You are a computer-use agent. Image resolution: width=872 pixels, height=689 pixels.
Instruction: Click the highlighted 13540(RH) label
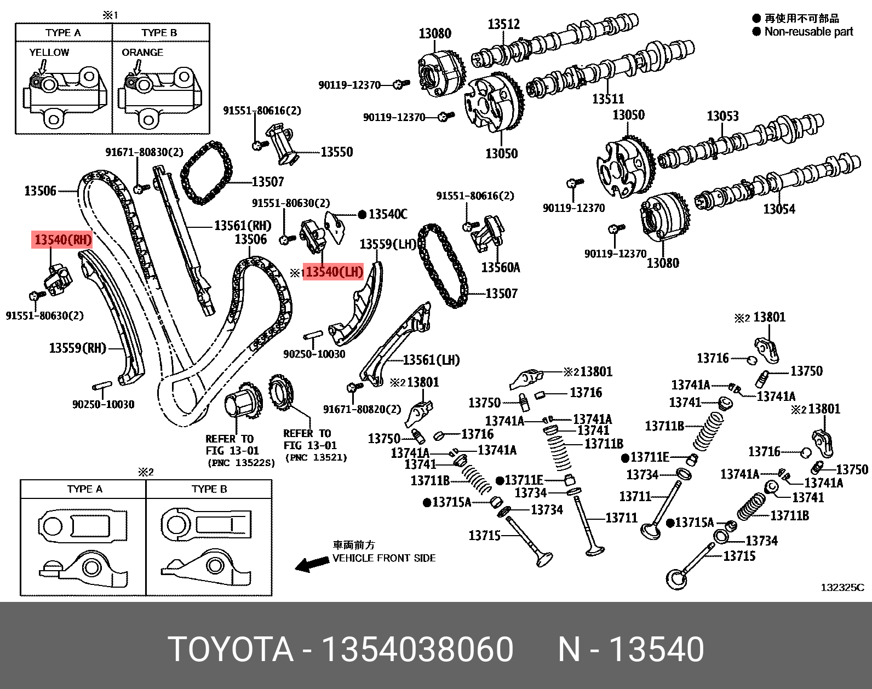62,239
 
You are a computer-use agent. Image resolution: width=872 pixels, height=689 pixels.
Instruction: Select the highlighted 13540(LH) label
334,272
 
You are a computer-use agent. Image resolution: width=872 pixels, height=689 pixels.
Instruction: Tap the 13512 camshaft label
503,24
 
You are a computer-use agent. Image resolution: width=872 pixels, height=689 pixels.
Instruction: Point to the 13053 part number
722,116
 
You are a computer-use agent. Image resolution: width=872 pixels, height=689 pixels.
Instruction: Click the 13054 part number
779,209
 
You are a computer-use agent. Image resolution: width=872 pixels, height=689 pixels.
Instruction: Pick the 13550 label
336,152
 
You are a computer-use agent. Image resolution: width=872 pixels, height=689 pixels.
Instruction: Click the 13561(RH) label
243,225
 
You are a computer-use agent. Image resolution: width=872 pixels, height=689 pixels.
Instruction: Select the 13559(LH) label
388,244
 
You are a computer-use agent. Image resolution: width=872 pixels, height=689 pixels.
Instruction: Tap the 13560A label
501,267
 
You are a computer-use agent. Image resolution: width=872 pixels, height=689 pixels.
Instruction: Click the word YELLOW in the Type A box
49,53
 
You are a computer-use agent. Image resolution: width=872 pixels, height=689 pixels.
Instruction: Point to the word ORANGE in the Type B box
142,53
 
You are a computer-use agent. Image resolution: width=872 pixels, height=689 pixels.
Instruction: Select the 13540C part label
388,214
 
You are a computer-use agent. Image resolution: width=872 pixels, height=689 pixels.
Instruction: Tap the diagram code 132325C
842,588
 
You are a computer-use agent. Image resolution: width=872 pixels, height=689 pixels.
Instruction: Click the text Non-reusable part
808,32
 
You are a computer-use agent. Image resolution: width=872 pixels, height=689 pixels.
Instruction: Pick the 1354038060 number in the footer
417,649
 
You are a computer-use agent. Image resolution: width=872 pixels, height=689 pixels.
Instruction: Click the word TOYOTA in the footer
231,649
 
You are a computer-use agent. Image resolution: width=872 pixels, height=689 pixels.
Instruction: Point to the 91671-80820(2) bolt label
362,409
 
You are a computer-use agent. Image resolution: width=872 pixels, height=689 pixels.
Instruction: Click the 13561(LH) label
431,360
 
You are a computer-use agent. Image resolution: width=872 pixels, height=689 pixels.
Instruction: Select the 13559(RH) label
77,348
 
